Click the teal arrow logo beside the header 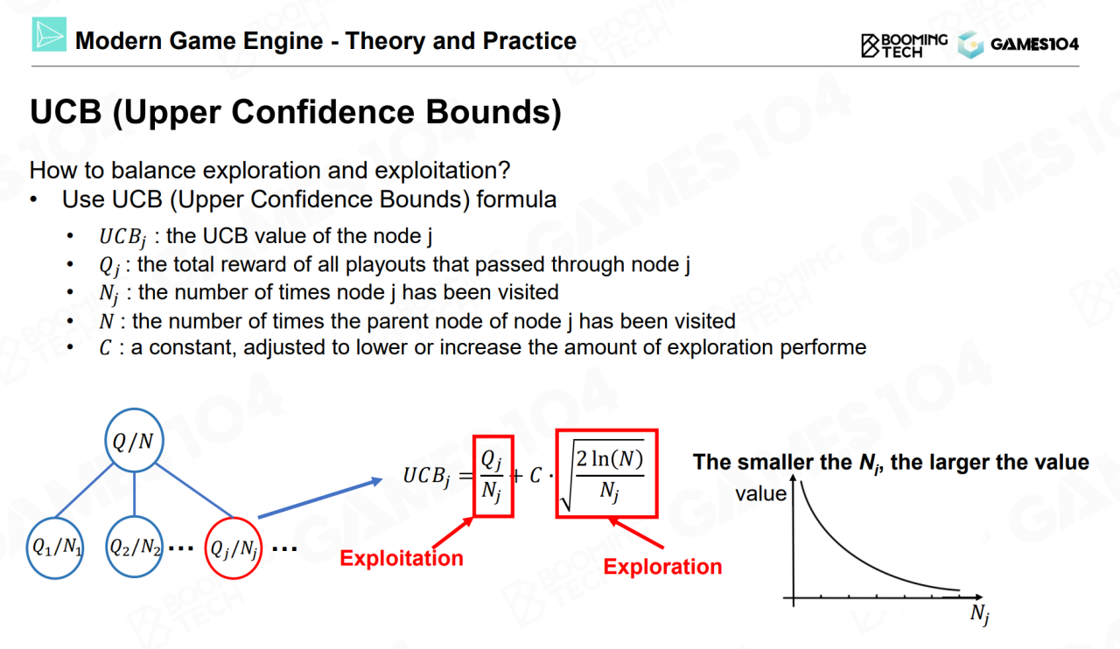click(x=49, y=34)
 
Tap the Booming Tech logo click(x=904, y=45)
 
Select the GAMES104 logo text click(x=1034, y=45)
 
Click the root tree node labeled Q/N click(x=134, y=441)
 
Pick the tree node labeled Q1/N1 click(x=55, y=548)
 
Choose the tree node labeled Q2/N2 click(x=135, y=547)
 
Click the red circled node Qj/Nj click(x=233, y=548)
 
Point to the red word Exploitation click(x=402, y=558)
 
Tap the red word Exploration click(x=662, y=567)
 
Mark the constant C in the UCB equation click(x=535, y=475)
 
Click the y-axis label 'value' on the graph click(x=760, y=494)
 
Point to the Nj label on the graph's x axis click(x=979, y=614)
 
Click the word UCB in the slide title click(x=66, y=111)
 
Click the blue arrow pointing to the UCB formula click(x=320, y=498)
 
